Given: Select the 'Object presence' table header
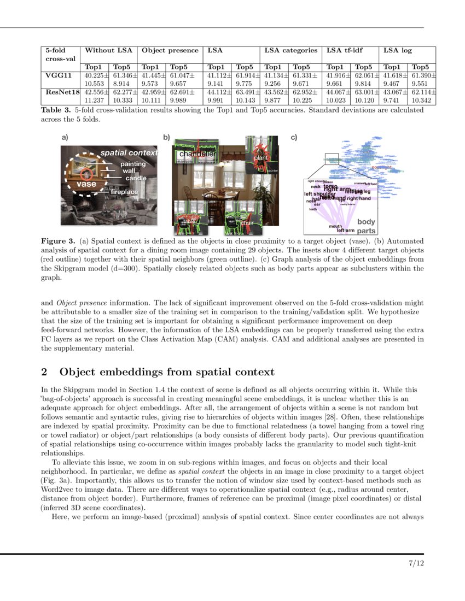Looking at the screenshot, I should tap(170, 50).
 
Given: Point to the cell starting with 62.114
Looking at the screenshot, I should tap(423, 92).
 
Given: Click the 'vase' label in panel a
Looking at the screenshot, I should tap(86, 184).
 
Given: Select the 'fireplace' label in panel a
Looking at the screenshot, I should tap(124, 192).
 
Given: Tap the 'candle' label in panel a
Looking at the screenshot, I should tap(136, 178).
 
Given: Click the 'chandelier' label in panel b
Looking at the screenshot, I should tap(195, 155).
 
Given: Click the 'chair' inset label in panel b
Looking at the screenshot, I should tap(246, 222).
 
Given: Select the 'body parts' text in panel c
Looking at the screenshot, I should tap(366, 226).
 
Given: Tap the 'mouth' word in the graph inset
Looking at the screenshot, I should tap(335, 226).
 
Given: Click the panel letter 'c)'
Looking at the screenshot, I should tap(294, 138).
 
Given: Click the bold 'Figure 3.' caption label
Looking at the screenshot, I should tap(59, 240).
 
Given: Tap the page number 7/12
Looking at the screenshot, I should tap(416, 563).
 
